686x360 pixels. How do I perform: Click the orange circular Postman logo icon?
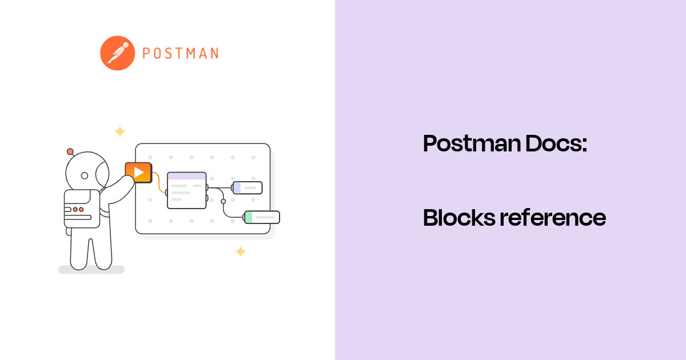pos(117,53)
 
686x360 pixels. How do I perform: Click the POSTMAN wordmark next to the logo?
pos(180,54)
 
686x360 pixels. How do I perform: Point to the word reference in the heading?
pos(552,218)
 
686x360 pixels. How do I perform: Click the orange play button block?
pos(138,172)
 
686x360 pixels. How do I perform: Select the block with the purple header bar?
pos(186,190)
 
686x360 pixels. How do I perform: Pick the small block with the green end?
pos(262,217)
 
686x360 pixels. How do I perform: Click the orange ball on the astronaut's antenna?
pos(70,151)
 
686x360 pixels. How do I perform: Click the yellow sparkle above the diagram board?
pos(119,131)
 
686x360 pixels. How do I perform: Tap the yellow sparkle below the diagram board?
pos(241,251)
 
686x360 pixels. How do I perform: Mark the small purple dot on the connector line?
pos(223,201)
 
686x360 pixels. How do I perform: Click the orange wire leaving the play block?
pos(157,182)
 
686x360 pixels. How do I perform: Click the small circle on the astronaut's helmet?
pos(85,175)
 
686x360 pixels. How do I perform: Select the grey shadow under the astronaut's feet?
pos(91,269)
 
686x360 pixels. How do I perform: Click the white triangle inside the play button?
pos(138,172)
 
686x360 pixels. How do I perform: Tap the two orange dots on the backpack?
pos(78,210)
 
